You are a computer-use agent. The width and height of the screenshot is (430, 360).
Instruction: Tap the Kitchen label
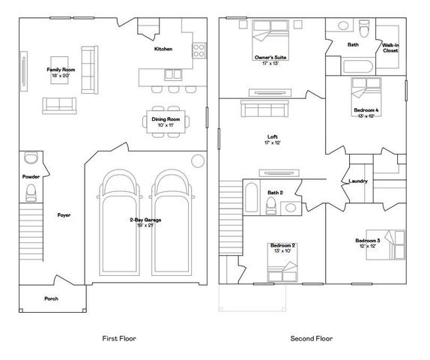tap(163, 49)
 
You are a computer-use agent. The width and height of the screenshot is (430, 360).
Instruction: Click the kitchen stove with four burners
tap(200, 50)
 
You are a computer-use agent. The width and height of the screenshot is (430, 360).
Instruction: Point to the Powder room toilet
tap(31, 194)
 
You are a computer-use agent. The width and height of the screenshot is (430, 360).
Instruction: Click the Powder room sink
tap(30, 158)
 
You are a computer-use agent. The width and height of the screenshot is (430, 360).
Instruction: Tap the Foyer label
tap(64, 215)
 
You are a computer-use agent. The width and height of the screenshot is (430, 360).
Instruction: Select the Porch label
tap(51, 298)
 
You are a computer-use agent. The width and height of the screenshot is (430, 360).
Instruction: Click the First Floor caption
tap(118, 338)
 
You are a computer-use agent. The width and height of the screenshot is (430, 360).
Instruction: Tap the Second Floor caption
tap(311, 338)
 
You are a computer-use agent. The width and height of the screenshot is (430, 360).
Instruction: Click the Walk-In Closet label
tap(390, 49)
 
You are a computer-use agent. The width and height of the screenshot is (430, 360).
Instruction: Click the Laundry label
tap(357, 181)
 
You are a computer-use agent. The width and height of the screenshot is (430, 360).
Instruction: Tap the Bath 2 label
tap(275, 193)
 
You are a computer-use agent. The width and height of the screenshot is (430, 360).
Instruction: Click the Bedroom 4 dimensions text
tap(365, 116)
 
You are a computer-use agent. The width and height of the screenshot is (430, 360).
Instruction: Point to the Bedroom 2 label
tap(282, 245)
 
